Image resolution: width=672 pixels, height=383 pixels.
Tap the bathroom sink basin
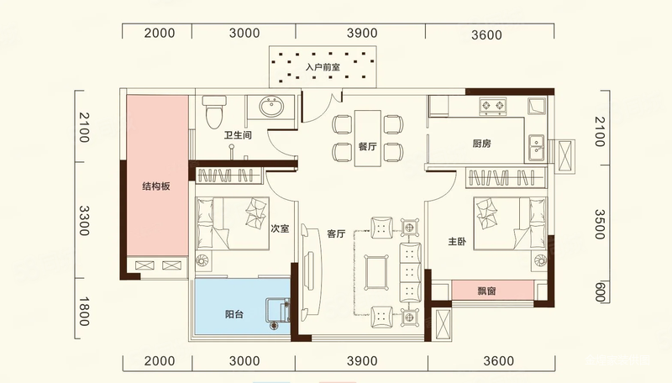point(270,106)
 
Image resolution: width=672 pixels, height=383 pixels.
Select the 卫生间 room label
point(238,135)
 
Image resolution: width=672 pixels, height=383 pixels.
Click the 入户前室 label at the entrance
point(323,67)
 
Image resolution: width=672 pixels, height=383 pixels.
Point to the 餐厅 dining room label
point(367,146)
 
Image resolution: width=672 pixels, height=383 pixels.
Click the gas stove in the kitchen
point(493,106)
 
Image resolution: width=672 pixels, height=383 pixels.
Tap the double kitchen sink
point(536,148)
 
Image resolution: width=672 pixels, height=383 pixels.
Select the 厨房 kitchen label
point(481,144)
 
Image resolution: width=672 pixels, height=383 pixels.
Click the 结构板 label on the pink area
point(156,186)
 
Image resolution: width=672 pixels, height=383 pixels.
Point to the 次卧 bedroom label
point(280,228)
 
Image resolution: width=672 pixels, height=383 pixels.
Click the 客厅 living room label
point(336,233)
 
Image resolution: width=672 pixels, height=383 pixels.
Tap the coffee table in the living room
point(376,273)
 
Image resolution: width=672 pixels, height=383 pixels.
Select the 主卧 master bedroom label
point(457,242)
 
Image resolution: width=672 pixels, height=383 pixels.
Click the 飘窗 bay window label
point(486,291)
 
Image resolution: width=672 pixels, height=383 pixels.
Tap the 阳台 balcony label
point(234,314)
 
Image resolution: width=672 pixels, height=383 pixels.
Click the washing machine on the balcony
point(277,311)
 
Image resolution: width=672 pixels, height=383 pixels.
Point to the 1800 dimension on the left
point(84,312)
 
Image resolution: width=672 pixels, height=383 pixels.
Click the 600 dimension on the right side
point(600,291)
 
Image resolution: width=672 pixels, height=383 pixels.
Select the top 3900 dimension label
point(362,33)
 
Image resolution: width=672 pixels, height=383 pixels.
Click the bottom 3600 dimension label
point(499,361)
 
